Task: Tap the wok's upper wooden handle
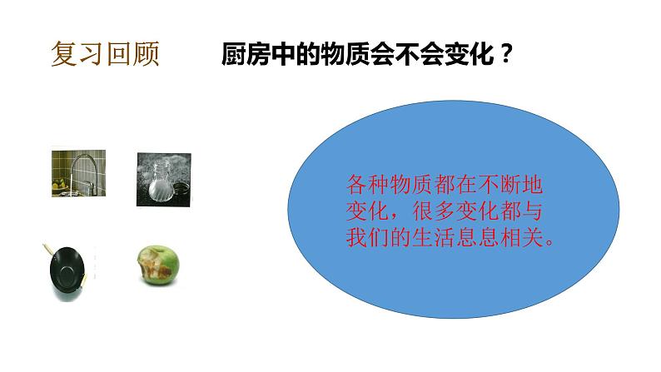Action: coord(47,249)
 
